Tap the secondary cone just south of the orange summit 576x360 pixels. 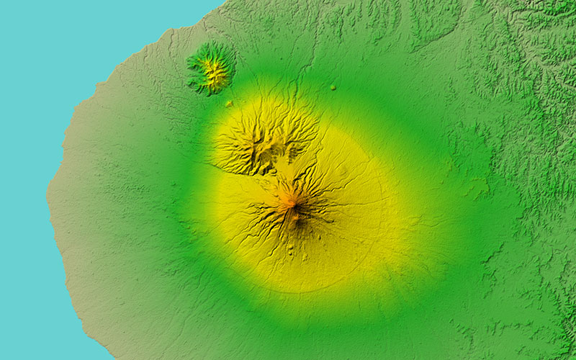tap(295, 217)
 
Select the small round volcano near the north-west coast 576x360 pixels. tap(211, 68)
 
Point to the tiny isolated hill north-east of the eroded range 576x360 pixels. tap(333, 87)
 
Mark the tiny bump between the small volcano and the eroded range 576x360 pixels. tap(229, 104)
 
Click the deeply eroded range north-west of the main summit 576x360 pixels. tap(263, 137)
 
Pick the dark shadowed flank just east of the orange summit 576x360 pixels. tap(302, 209)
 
